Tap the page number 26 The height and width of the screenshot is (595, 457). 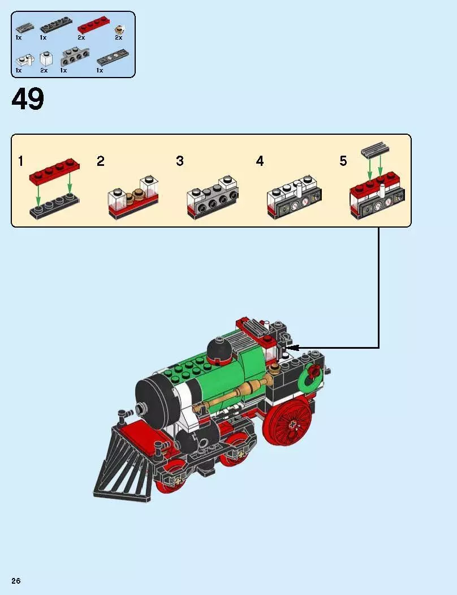click(x=16, y=581)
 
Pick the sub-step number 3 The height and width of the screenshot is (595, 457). click(x=180, y=161)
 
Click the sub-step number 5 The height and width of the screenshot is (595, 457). click(x=343, y=161)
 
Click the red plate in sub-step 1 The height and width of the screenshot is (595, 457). click(x=55, y=168)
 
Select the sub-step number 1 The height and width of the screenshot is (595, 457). click(x=20, y=161)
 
